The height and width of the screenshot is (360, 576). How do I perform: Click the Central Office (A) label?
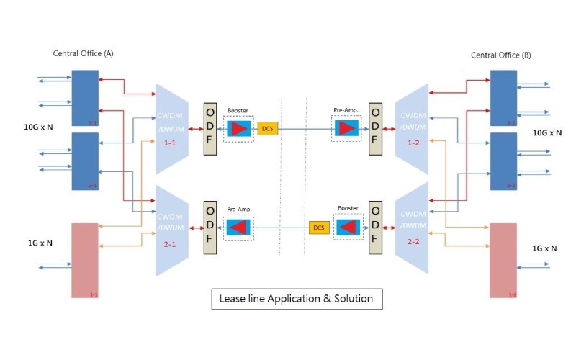pos(83,54)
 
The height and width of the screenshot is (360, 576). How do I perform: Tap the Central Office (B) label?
pos(500,55)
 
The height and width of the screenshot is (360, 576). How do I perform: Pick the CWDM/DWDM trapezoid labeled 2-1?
pos(172,228)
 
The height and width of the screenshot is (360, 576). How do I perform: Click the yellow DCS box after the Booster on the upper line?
pos(267,128)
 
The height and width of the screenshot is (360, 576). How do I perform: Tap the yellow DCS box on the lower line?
pos(318,227)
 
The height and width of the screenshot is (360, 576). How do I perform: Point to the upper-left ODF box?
pos(210,127)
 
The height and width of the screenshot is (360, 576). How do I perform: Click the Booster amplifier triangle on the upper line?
pos(238,128)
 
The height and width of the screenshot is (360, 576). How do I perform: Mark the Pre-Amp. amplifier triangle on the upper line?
pos(347,128)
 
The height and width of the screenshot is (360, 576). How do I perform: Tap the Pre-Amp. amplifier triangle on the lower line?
pos(238,228)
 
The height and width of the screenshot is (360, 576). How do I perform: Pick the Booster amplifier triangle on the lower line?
pos(348,227)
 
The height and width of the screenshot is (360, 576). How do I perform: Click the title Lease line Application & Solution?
pos(297,299)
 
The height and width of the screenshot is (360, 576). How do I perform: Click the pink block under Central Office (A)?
pos(84,260)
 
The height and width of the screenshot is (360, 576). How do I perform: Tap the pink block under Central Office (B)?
pos(503,260)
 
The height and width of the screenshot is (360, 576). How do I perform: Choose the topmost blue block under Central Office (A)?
pos(84,98)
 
